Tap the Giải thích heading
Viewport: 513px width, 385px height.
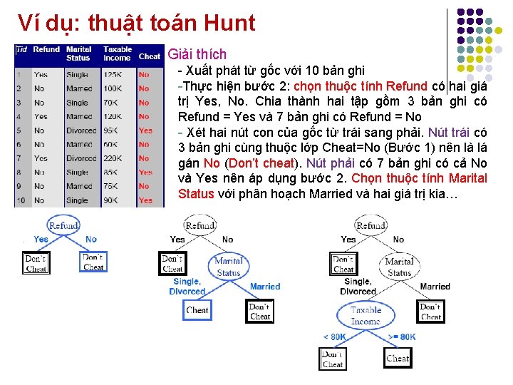(x=197, y=54)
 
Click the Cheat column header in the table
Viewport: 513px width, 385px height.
(x=149, y=56)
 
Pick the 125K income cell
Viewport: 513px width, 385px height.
(x=112, y=74)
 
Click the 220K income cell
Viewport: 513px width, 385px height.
(x=112, y=158)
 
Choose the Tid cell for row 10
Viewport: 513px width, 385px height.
(x=21, y=200)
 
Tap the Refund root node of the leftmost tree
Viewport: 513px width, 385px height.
(x=63, y=225)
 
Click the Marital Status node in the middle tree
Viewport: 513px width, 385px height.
(x=228, y=266)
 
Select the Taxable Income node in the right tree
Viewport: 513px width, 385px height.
(x=366, y=316)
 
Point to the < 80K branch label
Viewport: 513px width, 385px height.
(x=334, y=337)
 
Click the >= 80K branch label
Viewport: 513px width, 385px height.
(x=403, y=337)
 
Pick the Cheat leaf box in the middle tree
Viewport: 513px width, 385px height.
(x=197, y=310)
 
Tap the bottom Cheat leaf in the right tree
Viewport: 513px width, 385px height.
(x=398, y=358)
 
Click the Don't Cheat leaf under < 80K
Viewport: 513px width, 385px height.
(x=333, y=359)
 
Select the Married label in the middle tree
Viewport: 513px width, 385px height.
(x=265, y=287)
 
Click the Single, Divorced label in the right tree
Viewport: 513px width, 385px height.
(x=358, y=287)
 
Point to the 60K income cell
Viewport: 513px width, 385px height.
(x=112, y=144)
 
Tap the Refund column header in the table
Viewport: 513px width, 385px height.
(x=46, y=50)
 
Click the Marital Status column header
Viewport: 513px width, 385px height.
(x=78, y=53)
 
